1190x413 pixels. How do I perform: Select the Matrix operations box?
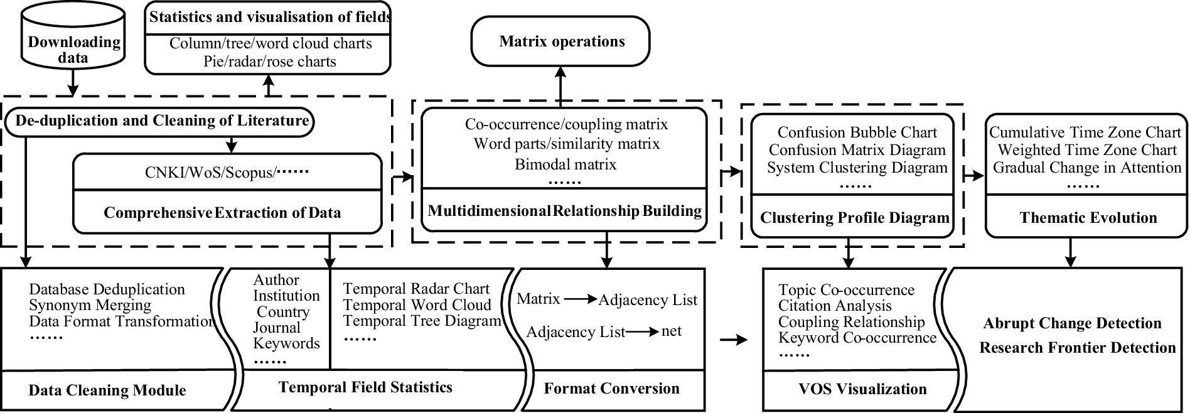point(560,41)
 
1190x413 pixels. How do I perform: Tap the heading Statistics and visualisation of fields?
point(270,17)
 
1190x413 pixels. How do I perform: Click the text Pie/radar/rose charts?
point(270,62)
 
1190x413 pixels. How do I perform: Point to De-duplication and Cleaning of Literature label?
point(163,121)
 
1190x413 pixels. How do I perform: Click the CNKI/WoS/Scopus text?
point(210,173)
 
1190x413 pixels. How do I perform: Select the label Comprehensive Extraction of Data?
point(222,213)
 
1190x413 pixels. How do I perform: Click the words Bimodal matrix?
point(566,164)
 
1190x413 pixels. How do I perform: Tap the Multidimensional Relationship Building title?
point(565,211)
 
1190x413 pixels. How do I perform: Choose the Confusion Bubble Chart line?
point(857,132)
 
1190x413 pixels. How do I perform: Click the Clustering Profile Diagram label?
point(855,218)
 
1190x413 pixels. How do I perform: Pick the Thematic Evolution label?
point(1088,218)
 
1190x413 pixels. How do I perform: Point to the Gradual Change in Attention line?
point(1087,168)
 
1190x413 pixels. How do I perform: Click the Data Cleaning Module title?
point(107,390)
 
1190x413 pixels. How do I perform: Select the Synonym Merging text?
point(90,306)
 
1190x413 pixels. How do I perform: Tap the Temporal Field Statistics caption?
point(365,387)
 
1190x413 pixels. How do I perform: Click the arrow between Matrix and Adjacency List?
point(581,300)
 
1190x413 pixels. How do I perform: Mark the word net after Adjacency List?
point(671,331)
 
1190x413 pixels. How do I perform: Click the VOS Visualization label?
point(862,389)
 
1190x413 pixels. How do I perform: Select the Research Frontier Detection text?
point(1078,348)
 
